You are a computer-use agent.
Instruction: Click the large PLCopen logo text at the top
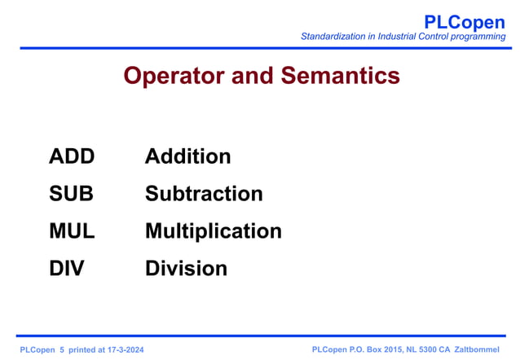tap(465, 22)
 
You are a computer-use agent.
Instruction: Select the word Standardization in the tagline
tap(335, 37)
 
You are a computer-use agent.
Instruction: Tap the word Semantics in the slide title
tap(341, 76)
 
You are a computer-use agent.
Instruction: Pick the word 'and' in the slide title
tap(253, 76)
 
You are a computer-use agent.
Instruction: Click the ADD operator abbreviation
tap(72, 156)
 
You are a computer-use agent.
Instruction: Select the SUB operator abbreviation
tap(71, 194)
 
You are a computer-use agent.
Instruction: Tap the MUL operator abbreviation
tap(72, 231)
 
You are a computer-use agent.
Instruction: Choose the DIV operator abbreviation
tap(66, 268)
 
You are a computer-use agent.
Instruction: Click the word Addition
tap(187, 156)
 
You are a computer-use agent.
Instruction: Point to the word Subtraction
tap(204, 194)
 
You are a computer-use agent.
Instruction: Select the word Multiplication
tap(213, 231)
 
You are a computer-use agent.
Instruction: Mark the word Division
tap(186, 268)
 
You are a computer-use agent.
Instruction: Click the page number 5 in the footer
tap(62, 349)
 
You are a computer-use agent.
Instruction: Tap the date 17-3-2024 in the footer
tap(121, 349)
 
